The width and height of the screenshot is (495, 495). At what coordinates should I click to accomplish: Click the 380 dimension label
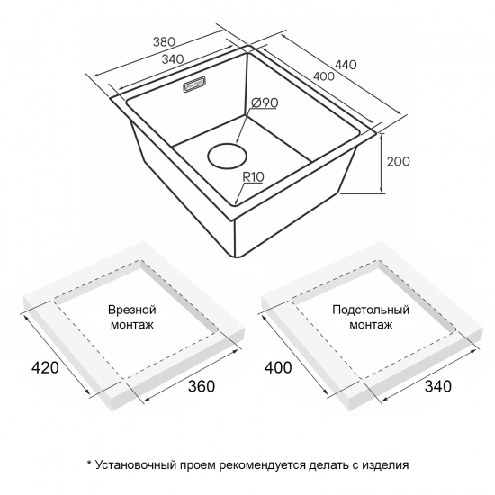(x=164, y=41)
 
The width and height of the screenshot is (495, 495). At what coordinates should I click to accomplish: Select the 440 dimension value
(x=346, y=65)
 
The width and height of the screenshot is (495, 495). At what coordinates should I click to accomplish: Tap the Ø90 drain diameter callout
(x=265, y=103)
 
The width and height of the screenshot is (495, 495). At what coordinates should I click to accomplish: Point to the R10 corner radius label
(x=253, y=177)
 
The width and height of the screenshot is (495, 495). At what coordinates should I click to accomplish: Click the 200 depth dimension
(x=399, y=161)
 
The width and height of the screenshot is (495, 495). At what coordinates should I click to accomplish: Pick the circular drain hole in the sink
(x=227, y=157)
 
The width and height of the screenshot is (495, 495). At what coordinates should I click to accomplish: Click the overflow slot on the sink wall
(x=194, y=85)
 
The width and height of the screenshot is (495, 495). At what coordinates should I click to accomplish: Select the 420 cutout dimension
(x=46, y=367)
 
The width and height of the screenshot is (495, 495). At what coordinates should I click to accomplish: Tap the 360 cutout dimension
(x=202, y=386)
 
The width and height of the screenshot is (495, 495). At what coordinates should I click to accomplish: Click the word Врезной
(x=132, y=310)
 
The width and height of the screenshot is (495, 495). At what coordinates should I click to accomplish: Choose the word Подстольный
(x=371, y=310)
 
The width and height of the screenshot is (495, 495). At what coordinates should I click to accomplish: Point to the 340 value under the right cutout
(x=438, y=386)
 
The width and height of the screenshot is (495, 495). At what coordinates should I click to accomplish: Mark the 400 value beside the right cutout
(x=278, y=367)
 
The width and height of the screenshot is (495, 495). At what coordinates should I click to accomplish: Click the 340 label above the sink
(x=173, y=58)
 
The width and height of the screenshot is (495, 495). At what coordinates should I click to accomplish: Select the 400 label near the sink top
(x=323, y=76)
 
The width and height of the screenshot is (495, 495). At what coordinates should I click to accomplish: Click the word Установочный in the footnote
(x=136, y=465)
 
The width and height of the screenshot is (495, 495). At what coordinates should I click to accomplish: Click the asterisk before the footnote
(x=89, y=463)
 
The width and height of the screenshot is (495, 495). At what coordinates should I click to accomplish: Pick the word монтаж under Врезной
(x=132, y=325)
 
